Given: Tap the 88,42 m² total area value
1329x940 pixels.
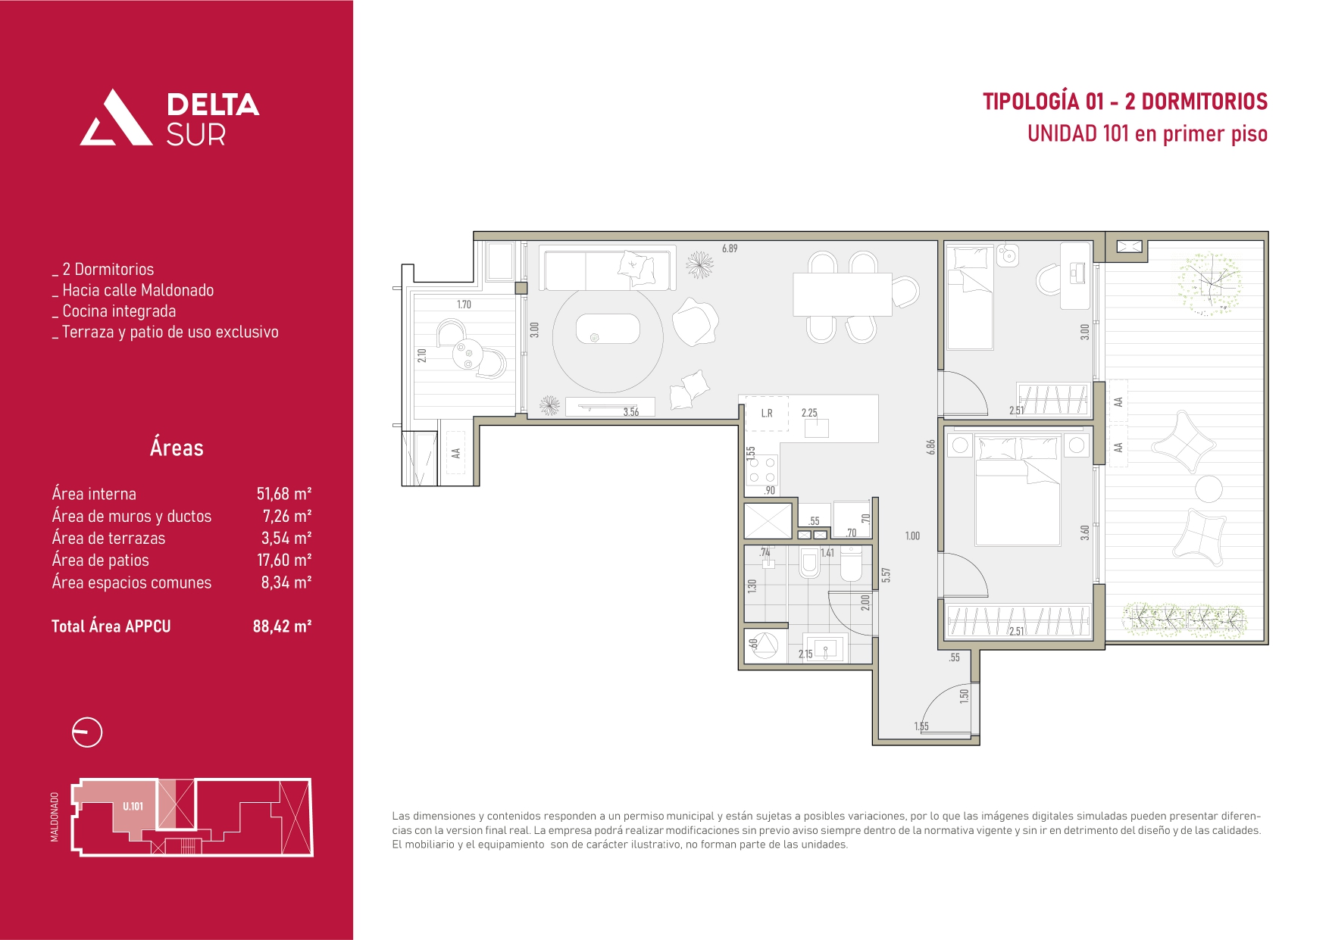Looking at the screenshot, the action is tap(282, 626).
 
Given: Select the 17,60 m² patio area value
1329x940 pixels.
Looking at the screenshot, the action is tap(284, 560).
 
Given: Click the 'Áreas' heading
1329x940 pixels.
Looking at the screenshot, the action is tap(177, 448).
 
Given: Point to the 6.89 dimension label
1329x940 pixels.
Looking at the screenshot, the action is tap(730, 248).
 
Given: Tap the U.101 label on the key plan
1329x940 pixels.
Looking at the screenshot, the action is tap(133, 806).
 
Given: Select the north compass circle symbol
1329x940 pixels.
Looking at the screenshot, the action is tap(87, 732).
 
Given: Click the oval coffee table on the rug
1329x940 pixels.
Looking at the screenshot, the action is tap(608, 329).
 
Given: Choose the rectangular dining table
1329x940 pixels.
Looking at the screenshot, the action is tap(842, 294).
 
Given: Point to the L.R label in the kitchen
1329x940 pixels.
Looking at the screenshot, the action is tap(767, 414).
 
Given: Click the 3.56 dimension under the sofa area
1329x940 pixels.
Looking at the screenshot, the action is tap(631, 412).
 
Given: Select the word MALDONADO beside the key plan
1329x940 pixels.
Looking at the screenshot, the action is tap(55, 817).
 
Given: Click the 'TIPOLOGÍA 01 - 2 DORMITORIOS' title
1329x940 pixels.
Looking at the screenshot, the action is tap(1125, 101).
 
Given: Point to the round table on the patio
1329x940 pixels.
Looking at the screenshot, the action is tap(1209, 489).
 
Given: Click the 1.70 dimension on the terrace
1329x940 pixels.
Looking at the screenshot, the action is tap(464, 304).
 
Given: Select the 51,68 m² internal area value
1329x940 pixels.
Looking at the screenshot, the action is tap(284, 494).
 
